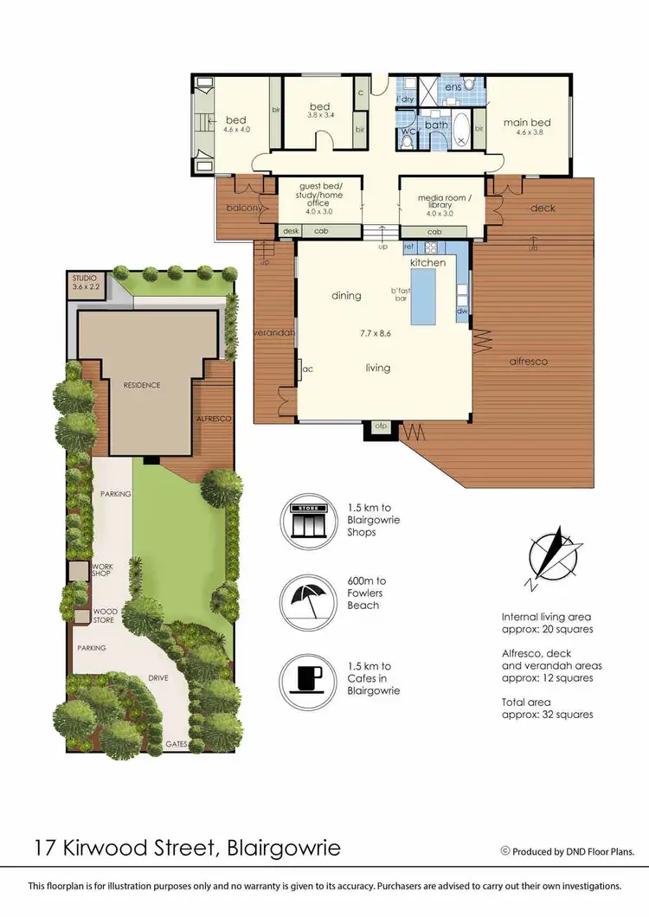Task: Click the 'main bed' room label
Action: coord(527,123)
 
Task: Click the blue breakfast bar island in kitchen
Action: coord(426,293)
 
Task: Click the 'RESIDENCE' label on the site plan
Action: coord(142,385)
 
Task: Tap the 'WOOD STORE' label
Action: coord(105,616)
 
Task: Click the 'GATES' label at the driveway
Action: coord(177,745)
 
